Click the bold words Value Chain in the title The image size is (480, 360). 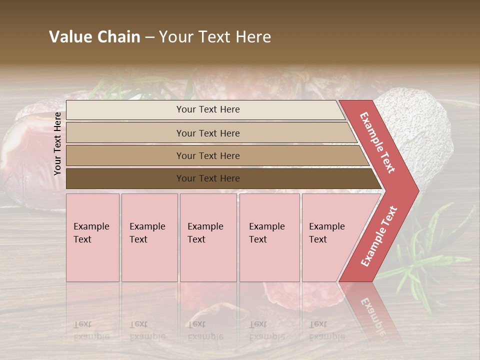pos(94,37)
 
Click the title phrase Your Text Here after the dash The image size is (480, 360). pos(215,37)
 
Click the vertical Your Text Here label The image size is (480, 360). pos(57,143)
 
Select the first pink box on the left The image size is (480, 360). pos(92,237)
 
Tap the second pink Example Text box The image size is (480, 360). pos(149,237)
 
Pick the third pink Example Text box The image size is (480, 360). pos(208,237)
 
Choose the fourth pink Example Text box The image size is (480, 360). pos(269,237)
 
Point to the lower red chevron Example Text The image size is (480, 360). pos(379,236)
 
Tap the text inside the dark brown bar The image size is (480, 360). pos(208,178)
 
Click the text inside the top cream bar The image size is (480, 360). pos(208,109)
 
